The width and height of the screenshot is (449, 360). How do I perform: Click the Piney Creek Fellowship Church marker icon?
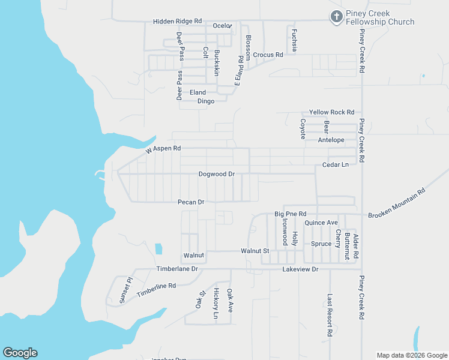tap(337, 17)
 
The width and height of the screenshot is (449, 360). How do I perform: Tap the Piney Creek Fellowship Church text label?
tap(381, 17)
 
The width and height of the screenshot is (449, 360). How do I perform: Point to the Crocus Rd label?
tap(268, 55)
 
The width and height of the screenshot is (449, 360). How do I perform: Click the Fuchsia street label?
tap(294, 40)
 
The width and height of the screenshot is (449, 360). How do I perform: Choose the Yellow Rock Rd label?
tap(331, 112)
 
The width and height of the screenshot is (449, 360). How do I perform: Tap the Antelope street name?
tap(331, 140)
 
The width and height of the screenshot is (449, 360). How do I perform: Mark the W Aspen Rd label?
tap(163, 149)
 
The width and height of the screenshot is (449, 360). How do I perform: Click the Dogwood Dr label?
tap(216, 174)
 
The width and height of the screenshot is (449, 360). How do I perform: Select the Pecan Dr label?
tap(191, 202)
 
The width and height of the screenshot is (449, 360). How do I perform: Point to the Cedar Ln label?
tap(335, 164)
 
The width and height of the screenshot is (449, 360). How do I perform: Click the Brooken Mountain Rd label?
tap(397, 204)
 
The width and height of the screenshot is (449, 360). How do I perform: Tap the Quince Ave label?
tap(321, 223)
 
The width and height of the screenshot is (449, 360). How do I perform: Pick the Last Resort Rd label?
tap(330, 314)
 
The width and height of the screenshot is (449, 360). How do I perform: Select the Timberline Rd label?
tap(156, 290)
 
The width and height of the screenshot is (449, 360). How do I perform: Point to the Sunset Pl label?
tap(124, 290)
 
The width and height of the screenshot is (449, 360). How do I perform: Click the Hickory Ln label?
tap(215, 303)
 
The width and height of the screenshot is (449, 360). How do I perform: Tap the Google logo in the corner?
tap(20, 353)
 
